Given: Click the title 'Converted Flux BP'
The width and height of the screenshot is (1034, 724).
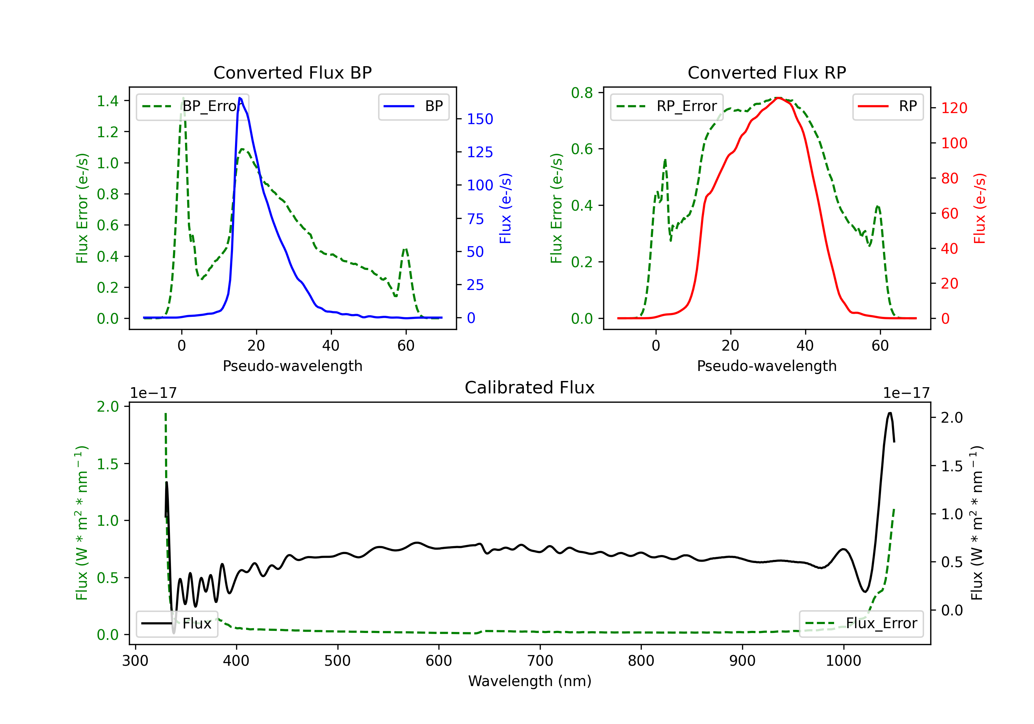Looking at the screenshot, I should point(292,72).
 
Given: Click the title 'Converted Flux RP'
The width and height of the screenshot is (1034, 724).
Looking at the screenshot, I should point(767,72).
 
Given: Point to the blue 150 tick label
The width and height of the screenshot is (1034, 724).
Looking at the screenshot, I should point(480,119).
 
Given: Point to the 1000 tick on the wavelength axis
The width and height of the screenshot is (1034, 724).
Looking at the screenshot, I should point(843,661).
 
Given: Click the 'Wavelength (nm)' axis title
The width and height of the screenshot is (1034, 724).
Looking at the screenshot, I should point(530,681).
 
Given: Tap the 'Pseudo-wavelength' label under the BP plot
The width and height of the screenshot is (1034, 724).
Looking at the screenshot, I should point(292,366).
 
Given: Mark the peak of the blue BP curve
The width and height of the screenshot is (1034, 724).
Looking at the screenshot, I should point(240,98).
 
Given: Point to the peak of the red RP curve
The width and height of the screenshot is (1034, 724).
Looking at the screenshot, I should point(778,98).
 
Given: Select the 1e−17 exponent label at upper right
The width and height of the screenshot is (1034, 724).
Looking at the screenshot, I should point(906,393).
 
